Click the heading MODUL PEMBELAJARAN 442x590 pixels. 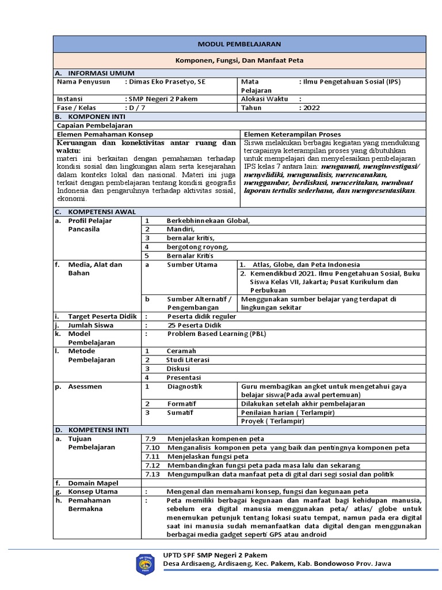click(x=239, y=44)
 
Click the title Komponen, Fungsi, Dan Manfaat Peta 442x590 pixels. click(x=239, y=60)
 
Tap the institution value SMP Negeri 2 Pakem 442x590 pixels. click(x=163, y=99)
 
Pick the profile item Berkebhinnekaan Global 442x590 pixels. click(x=208, y=221)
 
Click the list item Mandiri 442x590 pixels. click(x=181, y=229)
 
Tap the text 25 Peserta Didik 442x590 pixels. click(x=196, y=325)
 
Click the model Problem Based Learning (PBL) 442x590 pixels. click(x=217, y=334)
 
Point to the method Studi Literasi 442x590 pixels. click(x=188, y=360)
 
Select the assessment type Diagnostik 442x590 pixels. click(x=185, y=386)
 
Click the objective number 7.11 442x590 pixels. click(x=152, y=456)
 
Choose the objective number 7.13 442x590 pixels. click(x=152, y=474)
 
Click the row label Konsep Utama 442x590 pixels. click(x=93, y=491)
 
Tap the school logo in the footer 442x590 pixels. click(x=144, y=564)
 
